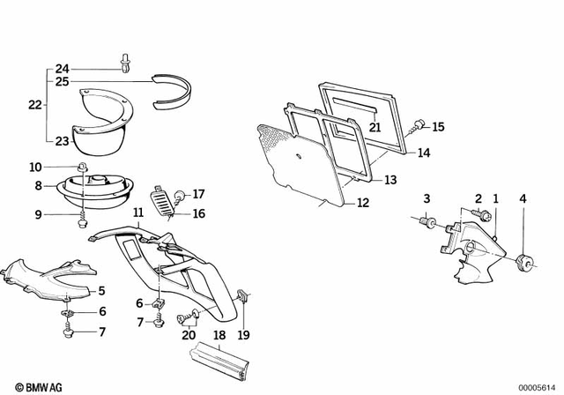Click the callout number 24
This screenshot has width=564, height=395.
click(62, 69)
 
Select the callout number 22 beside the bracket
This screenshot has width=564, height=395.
click(34, 104)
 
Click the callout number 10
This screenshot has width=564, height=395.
click(35, 167)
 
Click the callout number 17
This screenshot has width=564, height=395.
click(198, 193)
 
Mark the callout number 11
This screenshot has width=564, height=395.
click(138, 212)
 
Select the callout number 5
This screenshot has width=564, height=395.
click(101, 290)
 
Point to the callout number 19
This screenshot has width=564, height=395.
click(244, 334)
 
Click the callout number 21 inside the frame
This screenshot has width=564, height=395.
click(375, 127)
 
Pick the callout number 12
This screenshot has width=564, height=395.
click(363, 203)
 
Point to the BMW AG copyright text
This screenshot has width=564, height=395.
click(33, 385)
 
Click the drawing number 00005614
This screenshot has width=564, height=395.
click(538, 385)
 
